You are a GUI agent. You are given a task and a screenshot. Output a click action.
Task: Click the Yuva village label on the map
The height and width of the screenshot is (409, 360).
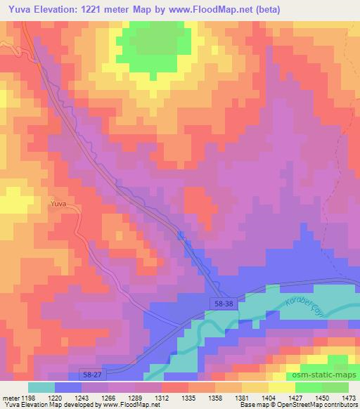coord(58,204)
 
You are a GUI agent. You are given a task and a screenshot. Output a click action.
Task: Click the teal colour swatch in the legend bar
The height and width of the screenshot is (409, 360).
coord(41,387)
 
